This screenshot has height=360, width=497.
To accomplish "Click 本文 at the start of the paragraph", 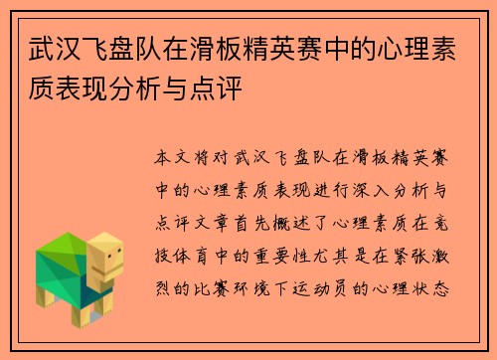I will tap(169, 158).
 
